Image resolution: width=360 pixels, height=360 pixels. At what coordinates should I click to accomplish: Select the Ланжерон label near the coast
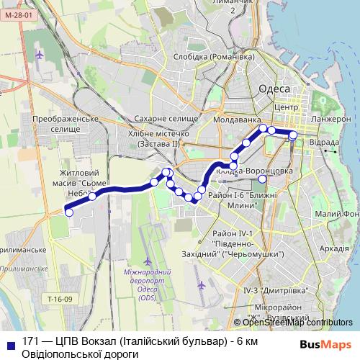click(x=331, y=119)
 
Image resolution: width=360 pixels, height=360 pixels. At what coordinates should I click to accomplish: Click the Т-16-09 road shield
click(x=60, y=299)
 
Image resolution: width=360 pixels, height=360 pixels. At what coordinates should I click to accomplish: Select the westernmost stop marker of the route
click(x=69, y=212)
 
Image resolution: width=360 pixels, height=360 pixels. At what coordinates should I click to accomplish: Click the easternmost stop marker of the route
click(x=293, y=135)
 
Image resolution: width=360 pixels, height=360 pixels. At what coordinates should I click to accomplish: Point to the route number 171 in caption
click(x=31, y=340)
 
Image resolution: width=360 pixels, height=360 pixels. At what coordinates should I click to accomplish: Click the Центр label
click(x=286, y=107)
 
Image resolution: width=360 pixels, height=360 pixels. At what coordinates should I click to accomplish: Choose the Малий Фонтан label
click(x=338, y=214)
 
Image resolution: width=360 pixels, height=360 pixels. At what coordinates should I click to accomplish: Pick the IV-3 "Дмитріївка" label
click(x=275, y=289)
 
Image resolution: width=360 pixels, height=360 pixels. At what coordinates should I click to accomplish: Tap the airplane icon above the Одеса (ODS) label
click(x=148, y=259)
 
